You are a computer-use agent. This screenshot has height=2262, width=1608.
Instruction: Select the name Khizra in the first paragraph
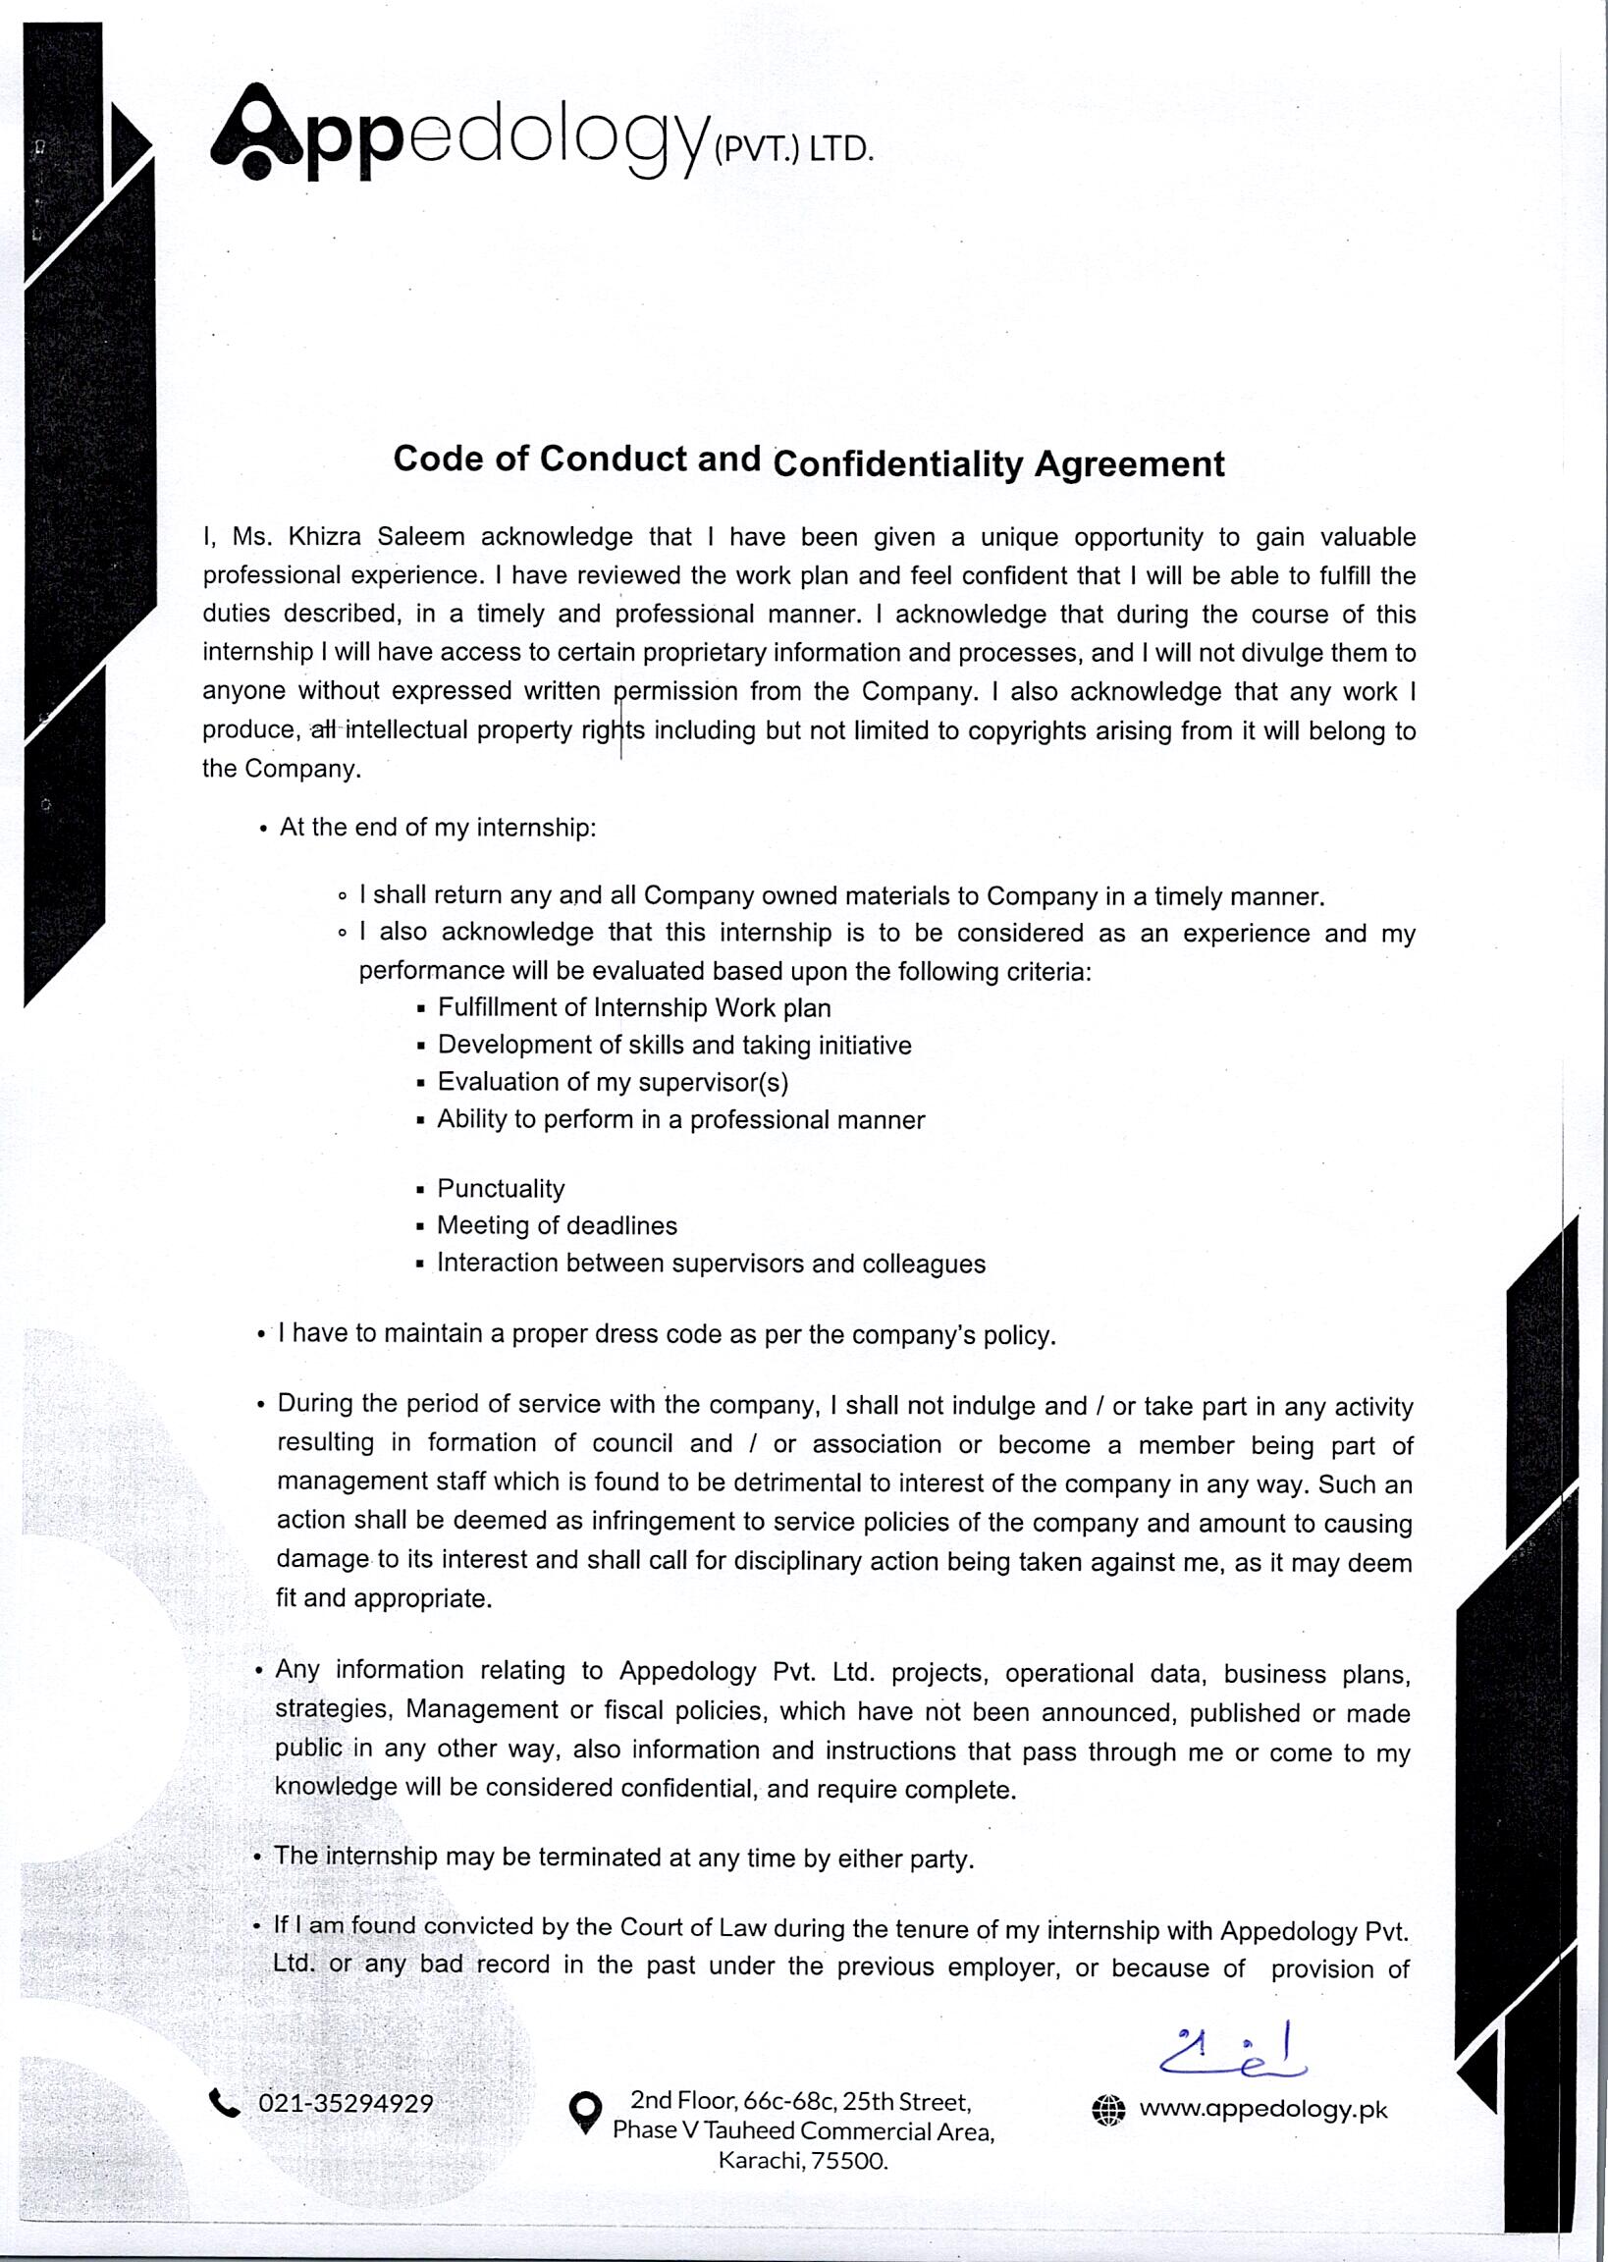[322, 538]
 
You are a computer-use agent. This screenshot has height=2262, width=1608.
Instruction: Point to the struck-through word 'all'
[324, 730]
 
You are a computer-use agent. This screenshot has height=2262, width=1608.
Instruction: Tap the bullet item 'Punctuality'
[501, 1188]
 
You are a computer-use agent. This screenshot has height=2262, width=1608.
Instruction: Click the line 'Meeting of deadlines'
[557, 1225]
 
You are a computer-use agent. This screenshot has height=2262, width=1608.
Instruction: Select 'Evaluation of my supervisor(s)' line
[613, 1082]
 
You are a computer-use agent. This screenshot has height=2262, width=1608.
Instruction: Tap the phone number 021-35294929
[346, 2104]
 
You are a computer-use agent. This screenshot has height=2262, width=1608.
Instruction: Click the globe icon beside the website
[1109, 2110]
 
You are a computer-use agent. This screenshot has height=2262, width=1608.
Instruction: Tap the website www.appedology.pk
[1263, 2109]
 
